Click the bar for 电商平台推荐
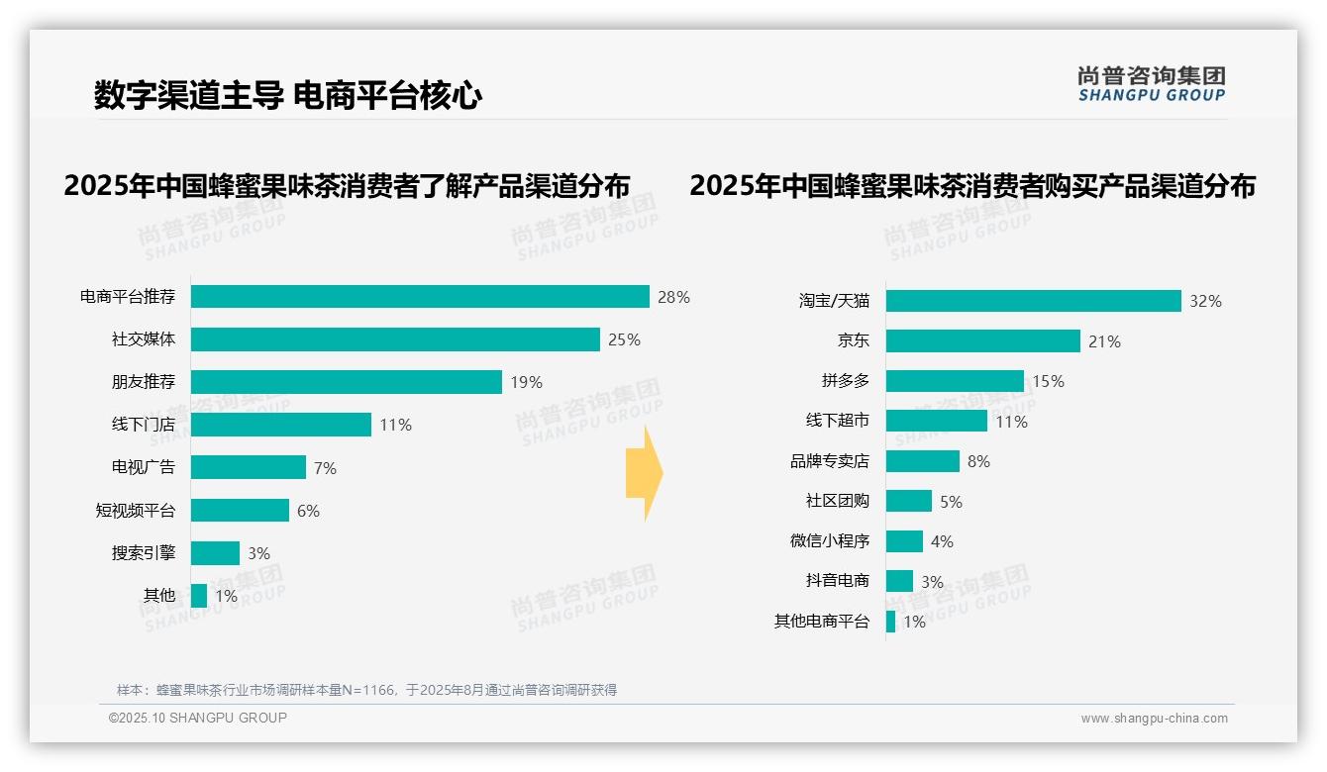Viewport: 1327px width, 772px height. point(420,297)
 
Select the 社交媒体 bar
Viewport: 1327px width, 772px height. point(395,339)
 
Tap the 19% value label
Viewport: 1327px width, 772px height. point(526,382)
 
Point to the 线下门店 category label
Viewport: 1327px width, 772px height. point(143,425)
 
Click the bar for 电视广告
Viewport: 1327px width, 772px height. point(249,467)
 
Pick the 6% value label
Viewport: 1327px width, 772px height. point(308,511)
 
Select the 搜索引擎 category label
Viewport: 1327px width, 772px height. point(143,553)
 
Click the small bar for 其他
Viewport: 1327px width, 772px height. point(199,596)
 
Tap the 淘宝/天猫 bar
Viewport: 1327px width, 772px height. point(1033,301)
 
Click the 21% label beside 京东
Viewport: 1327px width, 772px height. point(1104,341)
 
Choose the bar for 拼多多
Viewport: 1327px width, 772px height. point(955,381)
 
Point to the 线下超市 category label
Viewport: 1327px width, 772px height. point(837,422)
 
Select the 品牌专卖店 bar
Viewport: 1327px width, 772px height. point(922,461)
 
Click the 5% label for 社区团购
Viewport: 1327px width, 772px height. point(951,502)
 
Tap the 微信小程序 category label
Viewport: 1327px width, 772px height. point(829,541)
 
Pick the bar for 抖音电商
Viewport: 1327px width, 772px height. point(899,581)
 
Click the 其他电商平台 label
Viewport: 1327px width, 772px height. point(821,622)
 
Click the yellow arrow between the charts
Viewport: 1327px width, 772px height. point(644,474)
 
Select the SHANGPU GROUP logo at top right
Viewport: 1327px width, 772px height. point(1151,84)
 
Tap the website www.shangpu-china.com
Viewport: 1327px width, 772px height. point(1154,719)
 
